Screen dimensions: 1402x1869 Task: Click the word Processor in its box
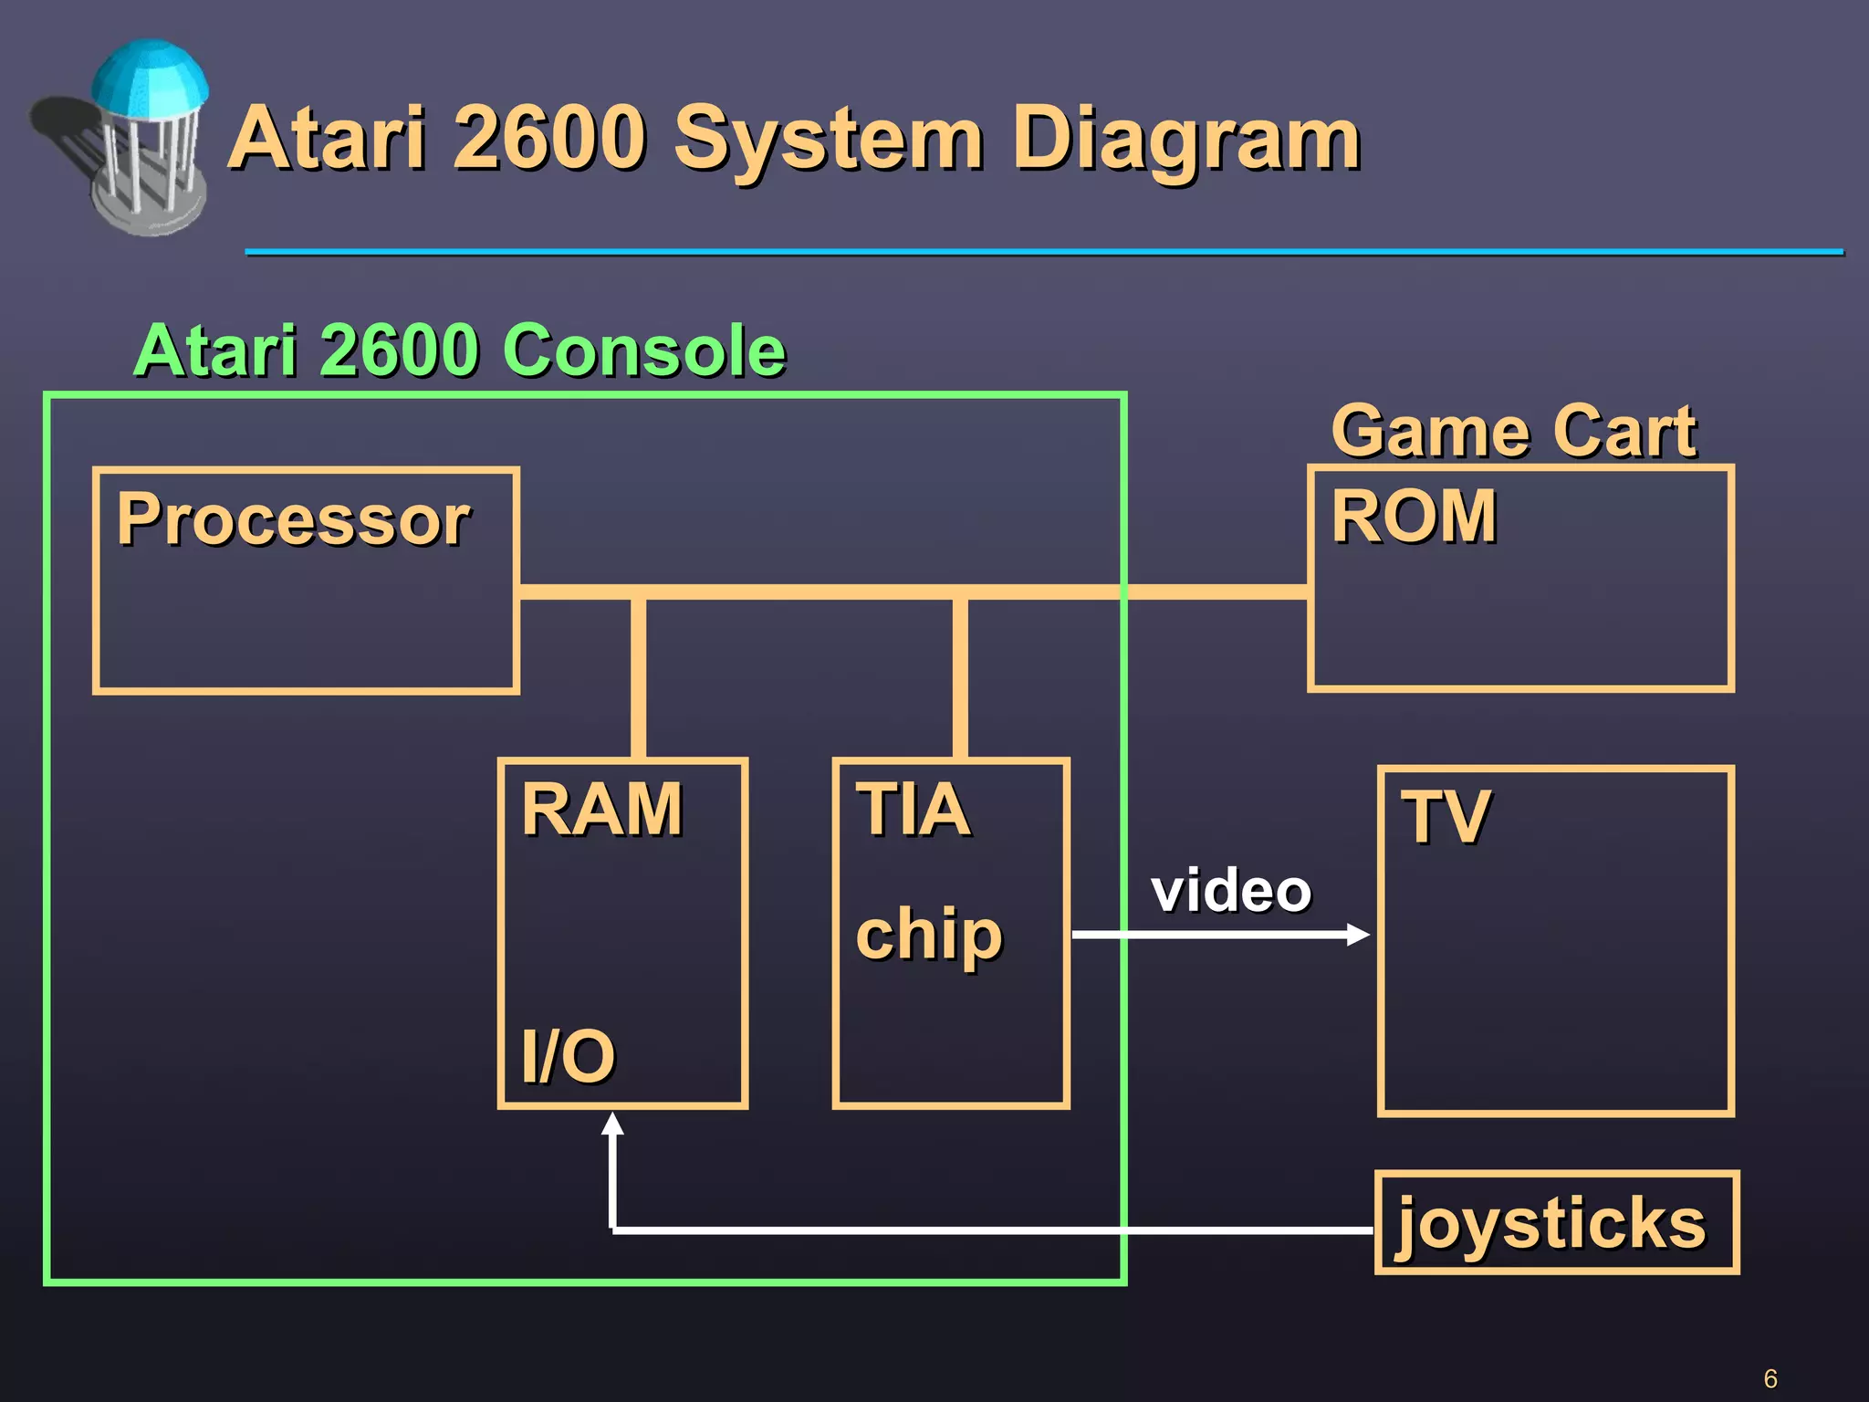293,519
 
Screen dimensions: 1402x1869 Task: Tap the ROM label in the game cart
1414,517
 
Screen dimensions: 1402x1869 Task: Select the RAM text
601,810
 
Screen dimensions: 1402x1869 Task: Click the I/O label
568,1056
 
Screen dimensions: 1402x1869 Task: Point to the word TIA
913,810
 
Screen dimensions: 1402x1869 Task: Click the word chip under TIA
929,935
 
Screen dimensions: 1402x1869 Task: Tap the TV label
1446,817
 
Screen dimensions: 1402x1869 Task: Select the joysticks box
1556,1222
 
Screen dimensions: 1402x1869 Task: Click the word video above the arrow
1230,891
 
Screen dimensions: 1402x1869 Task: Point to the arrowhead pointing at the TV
1358,935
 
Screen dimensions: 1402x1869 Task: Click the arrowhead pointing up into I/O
613,1125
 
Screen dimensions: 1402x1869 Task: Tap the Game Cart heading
1513,431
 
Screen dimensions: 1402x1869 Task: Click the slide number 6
1770,1378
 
